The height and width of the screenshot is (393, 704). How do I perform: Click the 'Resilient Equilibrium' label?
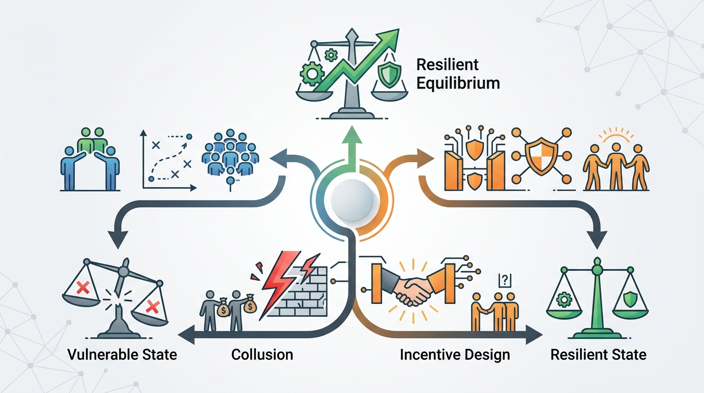click(x=458, y=74)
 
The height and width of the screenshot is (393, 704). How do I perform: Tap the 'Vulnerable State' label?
click(x=122, y=355)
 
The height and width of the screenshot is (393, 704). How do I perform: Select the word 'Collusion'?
click(x=262, y=355)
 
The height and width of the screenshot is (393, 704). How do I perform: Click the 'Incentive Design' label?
click(x=455, y=355)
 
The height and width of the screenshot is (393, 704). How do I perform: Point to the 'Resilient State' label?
click(x=599, y=355)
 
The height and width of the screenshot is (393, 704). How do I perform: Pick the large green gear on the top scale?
click(x=312, y=74)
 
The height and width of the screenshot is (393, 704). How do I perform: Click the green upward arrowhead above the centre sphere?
click(x=353, y=135)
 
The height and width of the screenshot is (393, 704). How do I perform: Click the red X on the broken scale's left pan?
click(x=83, y=288)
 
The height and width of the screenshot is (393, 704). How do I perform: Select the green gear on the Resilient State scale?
click(x=564, y=300)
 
